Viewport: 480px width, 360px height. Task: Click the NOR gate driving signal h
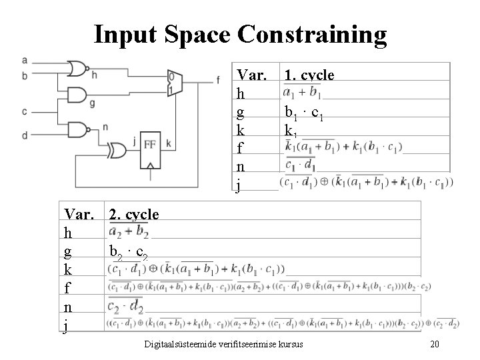(77, 69)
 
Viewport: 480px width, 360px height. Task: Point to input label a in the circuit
(24, 61)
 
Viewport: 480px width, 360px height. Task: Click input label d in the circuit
(24, 135)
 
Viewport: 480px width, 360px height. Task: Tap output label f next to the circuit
(217, 81)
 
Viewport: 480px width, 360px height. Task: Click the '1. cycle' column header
(309, 75)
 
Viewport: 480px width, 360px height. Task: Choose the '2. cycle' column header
(134, 215)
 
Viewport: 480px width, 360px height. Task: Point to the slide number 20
(435, 344)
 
